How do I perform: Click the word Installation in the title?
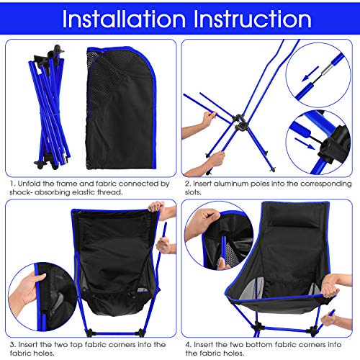click(x=124, y=19)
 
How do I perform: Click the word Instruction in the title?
click(x=253, y=19)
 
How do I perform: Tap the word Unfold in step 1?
click(x=29, y=184)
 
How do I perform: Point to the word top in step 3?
click(x=76, y=345)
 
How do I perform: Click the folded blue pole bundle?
click(x=50, y=107)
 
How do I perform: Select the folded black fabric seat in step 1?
click(x=121, y=108)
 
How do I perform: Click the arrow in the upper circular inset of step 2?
click(x=310, y=73)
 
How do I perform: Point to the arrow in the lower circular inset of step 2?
click(x=305, y=143)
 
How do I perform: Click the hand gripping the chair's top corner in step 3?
click(x=156, y=207)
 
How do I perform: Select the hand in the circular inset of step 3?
click(x=27, y=290)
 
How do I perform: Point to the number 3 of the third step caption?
click(x=12, y=345)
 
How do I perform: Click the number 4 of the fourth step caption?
click(x=188, y=345)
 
